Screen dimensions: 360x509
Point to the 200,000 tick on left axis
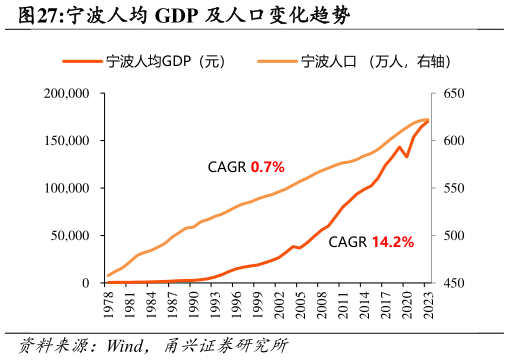tap(68, 93)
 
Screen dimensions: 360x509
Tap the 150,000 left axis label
tap(68, 141)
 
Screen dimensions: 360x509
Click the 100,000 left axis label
tap(68, 188)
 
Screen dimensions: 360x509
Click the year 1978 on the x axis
tap(108, 304)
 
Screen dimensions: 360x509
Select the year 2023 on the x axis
tap(428, 304)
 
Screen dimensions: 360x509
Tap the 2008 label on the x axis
tap(321, 304)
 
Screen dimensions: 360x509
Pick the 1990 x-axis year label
tap(193, 304)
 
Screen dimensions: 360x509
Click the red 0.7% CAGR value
tap(268, 165)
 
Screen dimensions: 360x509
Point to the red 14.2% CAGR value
tap(392, 241)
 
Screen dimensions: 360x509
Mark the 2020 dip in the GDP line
tap(406, 157)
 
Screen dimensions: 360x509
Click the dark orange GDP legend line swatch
tap(82, 62)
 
